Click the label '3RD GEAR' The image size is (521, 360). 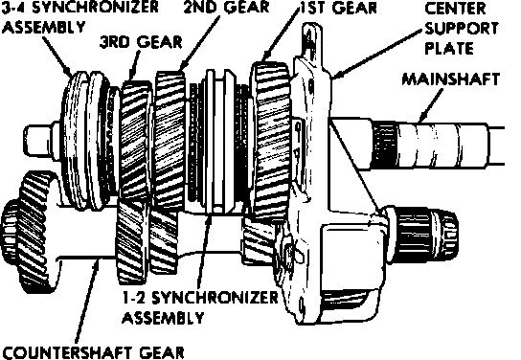coord(141,42)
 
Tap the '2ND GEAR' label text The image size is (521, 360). coord(226,8)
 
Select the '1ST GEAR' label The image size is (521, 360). coord(338,8)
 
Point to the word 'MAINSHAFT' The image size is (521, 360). coord(451,79)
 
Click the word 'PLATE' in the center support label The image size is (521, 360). coord(449,49)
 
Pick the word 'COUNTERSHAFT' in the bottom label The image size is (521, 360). coord(68,352)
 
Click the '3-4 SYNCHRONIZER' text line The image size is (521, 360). coord(80,8)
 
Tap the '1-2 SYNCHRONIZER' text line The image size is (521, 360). coord(200,298)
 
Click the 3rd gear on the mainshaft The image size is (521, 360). coord(135,140)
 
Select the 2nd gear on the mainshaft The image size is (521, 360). coord(170,140)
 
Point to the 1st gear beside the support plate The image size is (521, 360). coord(271,141)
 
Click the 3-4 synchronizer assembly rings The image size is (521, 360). coord(87,140)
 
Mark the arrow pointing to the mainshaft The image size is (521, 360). coord(431,105)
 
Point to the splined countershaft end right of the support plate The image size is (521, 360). coord(423,235)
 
